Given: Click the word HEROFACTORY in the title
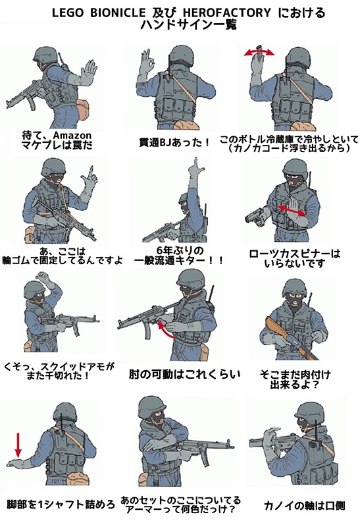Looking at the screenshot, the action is (226, 13).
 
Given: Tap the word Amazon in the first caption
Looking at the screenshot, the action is (72, 135).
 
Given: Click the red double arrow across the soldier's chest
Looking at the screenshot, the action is (292, 210).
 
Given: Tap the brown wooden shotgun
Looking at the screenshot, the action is (291, 338).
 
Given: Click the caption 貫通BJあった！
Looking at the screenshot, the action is (174, 142).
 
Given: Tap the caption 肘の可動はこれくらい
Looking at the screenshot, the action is (184, 374).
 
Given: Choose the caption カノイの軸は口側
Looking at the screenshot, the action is (304, 505).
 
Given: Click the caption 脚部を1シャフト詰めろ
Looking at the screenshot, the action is (61, 504).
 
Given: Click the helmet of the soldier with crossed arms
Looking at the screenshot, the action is (153, 406).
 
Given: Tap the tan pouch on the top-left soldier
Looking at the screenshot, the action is (82, 108).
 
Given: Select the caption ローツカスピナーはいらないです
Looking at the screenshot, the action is (294, 258).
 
